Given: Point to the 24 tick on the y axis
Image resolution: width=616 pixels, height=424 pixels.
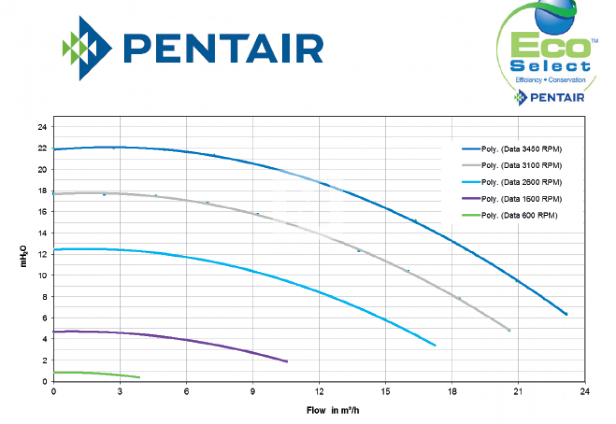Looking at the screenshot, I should click(x=43, y=127).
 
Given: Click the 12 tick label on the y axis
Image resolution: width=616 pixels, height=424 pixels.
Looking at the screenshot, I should click(x=43, y=254).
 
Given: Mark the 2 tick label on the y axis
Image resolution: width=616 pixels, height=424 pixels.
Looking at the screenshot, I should click(x=45, y=360).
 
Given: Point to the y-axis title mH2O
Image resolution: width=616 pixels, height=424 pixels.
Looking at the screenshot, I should click(x=24, y=255).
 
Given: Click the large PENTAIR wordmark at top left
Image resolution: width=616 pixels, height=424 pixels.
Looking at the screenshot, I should click(x=223, y=49).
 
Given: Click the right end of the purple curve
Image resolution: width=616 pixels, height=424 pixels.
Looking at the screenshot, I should click(x=287, y=361).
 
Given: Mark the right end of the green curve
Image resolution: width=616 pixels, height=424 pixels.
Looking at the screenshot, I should click(x=139, y=377).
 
